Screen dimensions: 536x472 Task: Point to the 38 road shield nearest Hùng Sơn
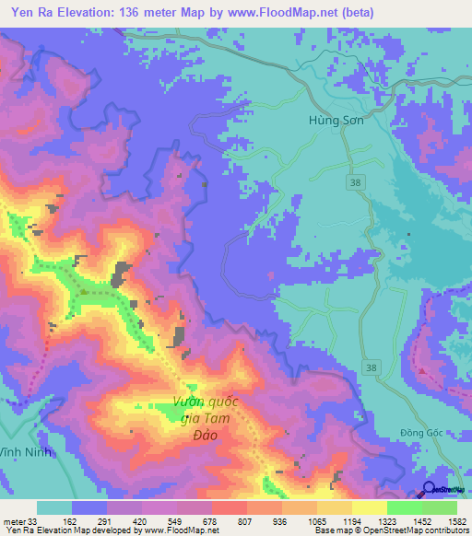pos(355,182)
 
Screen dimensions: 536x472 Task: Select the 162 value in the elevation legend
pos(94,520)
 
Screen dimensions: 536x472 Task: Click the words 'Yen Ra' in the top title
pos(27,12)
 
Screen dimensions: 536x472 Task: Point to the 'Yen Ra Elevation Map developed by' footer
pos(70,530)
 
